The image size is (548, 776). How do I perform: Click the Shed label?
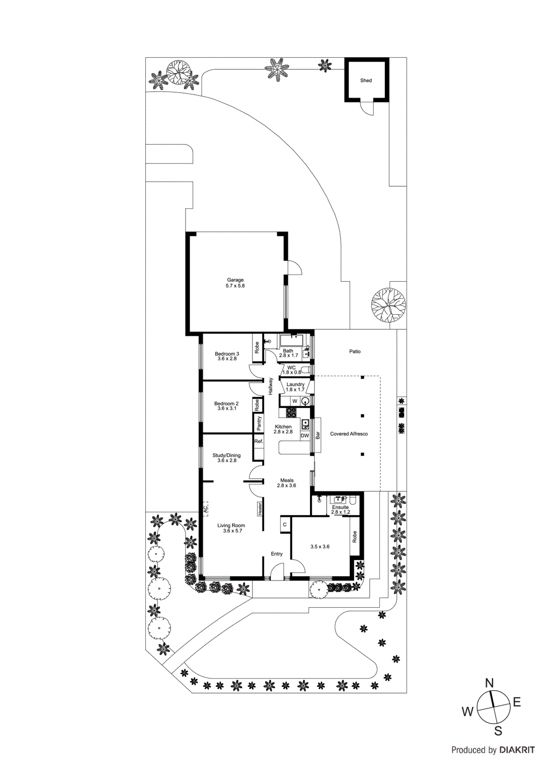tap(366, 81)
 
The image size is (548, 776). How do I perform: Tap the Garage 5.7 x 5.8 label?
tap(235, 283)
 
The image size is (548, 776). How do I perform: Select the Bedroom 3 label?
tap(227, 354)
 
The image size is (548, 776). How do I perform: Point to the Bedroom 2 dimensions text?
tap(227, 409)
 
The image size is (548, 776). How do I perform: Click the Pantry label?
tap(259, 423)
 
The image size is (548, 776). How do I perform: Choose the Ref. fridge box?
tap(259, 441)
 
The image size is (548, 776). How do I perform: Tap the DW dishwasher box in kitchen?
tap(305, 436)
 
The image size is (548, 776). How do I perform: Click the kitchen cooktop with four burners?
tap(291, 413)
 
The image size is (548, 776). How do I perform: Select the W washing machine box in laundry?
tap(295, 401)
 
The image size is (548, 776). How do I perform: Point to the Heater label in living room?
tap(260, 508)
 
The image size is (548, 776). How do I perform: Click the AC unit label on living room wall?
tap(205, 509)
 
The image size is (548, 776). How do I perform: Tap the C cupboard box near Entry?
tap(285, 525)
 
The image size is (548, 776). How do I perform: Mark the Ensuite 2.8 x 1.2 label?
tap(340, 509)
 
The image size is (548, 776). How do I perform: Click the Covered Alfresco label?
tap(349, 434)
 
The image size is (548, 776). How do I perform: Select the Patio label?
tap(355, 352)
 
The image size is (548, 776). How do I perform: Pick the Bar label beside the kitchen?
tap(318, 436)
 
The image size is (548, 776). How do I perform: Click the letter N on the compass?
tap(489, 683)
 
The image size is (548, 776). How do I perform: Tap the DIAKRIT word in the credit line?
tap(517, 750)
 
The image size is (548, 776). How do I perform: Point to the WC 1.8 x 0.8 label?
tap(291, 370)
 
